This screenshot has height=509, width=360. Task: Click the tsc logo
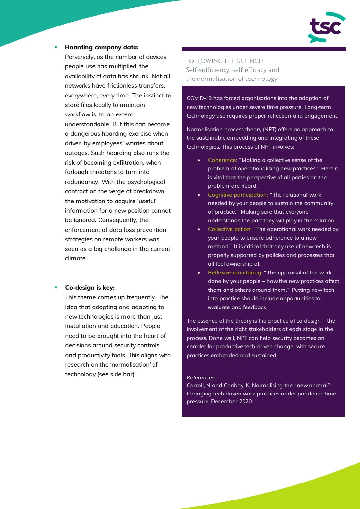point(326,27)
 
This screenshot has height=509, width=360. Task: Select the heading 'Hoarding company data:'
point(102,47)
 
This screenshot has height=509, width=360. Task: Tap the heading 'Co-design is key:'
point(90,288)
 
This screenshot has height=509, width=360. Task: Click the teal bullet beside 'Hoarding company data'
point(56,47)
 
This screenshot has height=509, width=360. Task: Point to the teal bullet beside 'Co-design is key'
point(56,288)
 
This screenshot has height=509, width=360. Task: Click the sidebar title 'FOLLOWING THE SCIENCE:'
point(225,61)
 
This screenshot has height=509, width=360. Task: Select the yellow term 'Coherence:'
point(223,160)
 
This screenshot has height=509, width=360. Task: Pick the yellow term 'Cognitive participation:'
point(238,195)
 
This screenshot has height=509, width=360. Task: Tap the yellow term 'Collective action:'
point(230,229)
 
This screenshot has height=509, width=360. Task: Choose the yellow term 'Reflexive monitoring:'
point(235,272)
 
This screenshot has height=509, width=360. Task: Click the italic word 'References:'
point(201,377)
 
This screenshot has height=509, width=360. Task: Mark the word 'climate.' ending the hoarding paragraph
point(76,258)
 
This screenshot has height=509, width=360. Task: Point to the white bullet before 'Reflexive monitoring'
point(199,272)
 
